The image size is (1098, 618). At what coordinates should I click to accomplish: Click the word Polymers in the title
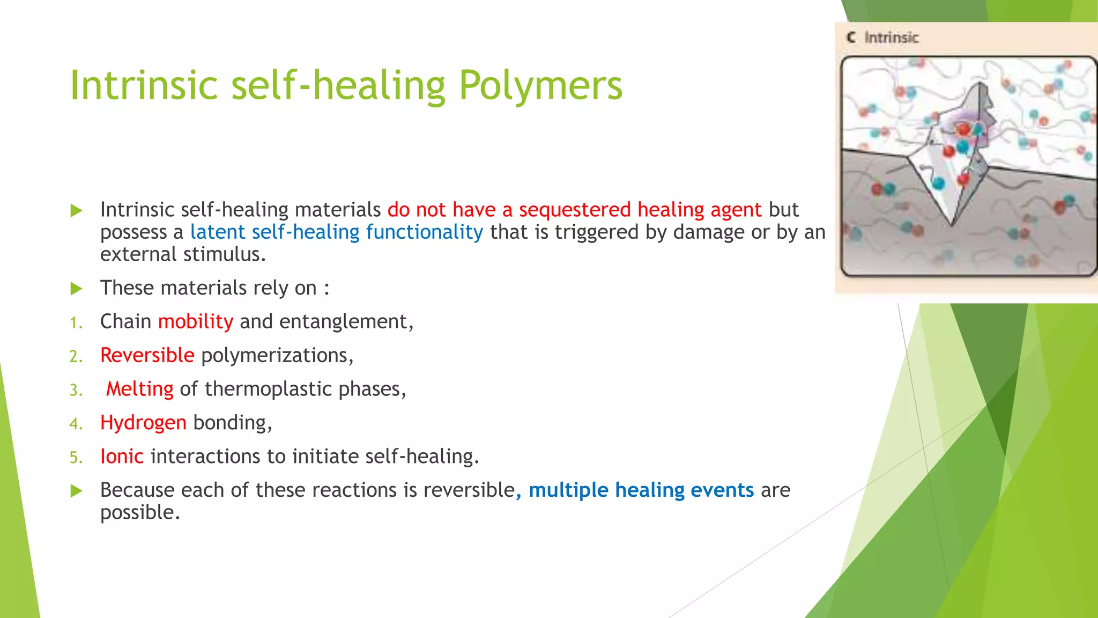click(540, 86)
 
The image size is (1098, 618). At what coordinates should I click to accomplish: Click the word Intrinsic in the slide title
click(144, 86)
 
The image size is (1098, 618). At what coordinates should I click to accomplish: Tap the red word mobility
click(196, 322)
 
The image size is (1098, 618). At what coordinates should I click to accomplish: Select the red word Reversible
click(147, 355)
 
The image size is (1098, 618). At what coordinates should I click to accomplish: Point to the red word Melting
click(139, 389)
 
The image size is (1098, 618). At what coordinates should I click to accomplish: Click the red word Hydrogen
click(143, 423)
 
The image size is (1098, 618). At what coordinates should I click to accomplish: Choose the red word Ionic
click(122, 457)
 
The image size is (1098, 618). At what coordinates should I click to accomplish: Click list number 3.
click(76, 390)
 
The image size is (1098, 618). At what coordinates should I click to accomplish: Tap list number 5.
click(76, 458)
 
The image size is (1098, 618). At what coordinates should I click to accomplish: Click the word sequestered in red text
click(575, 210)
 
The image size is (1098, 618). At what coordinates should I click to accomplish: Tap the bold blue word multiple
click(568, 490)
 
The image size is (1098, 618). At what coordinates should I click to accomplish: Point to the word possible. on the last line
click(140, 513)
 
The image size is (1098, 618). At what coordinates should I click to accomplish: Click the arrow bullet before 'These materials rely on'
click(77, 289)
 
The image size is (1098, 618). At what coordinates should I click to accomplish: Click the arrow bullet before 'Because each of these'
click(77, 491)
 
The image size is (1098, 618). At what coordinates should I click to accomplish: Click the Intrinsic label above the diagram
click(891, 38)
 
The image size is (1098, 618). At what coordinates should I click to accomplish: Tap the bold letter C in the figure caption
click(851, 38)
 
